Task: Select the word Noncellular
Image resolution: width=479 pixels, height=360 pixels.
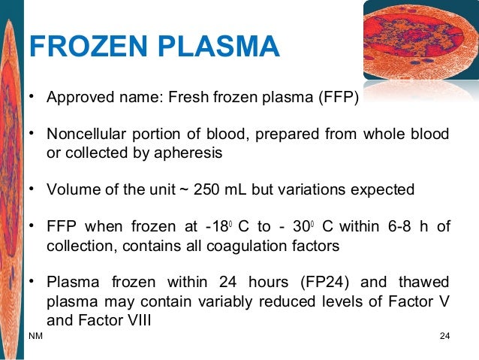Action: pos(84,135)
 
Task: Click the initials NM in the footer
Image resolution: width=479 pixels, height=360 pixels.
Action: pos(35,335)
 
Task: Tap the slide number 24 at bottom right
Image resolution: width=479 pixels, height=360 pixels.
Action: pos(444,335)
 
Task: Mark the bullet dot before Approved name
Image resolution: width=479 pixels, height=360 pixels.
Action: pos(32,98)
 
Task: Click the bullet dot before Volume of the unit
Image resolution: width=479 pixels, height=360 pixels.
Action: pos(32,189)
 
